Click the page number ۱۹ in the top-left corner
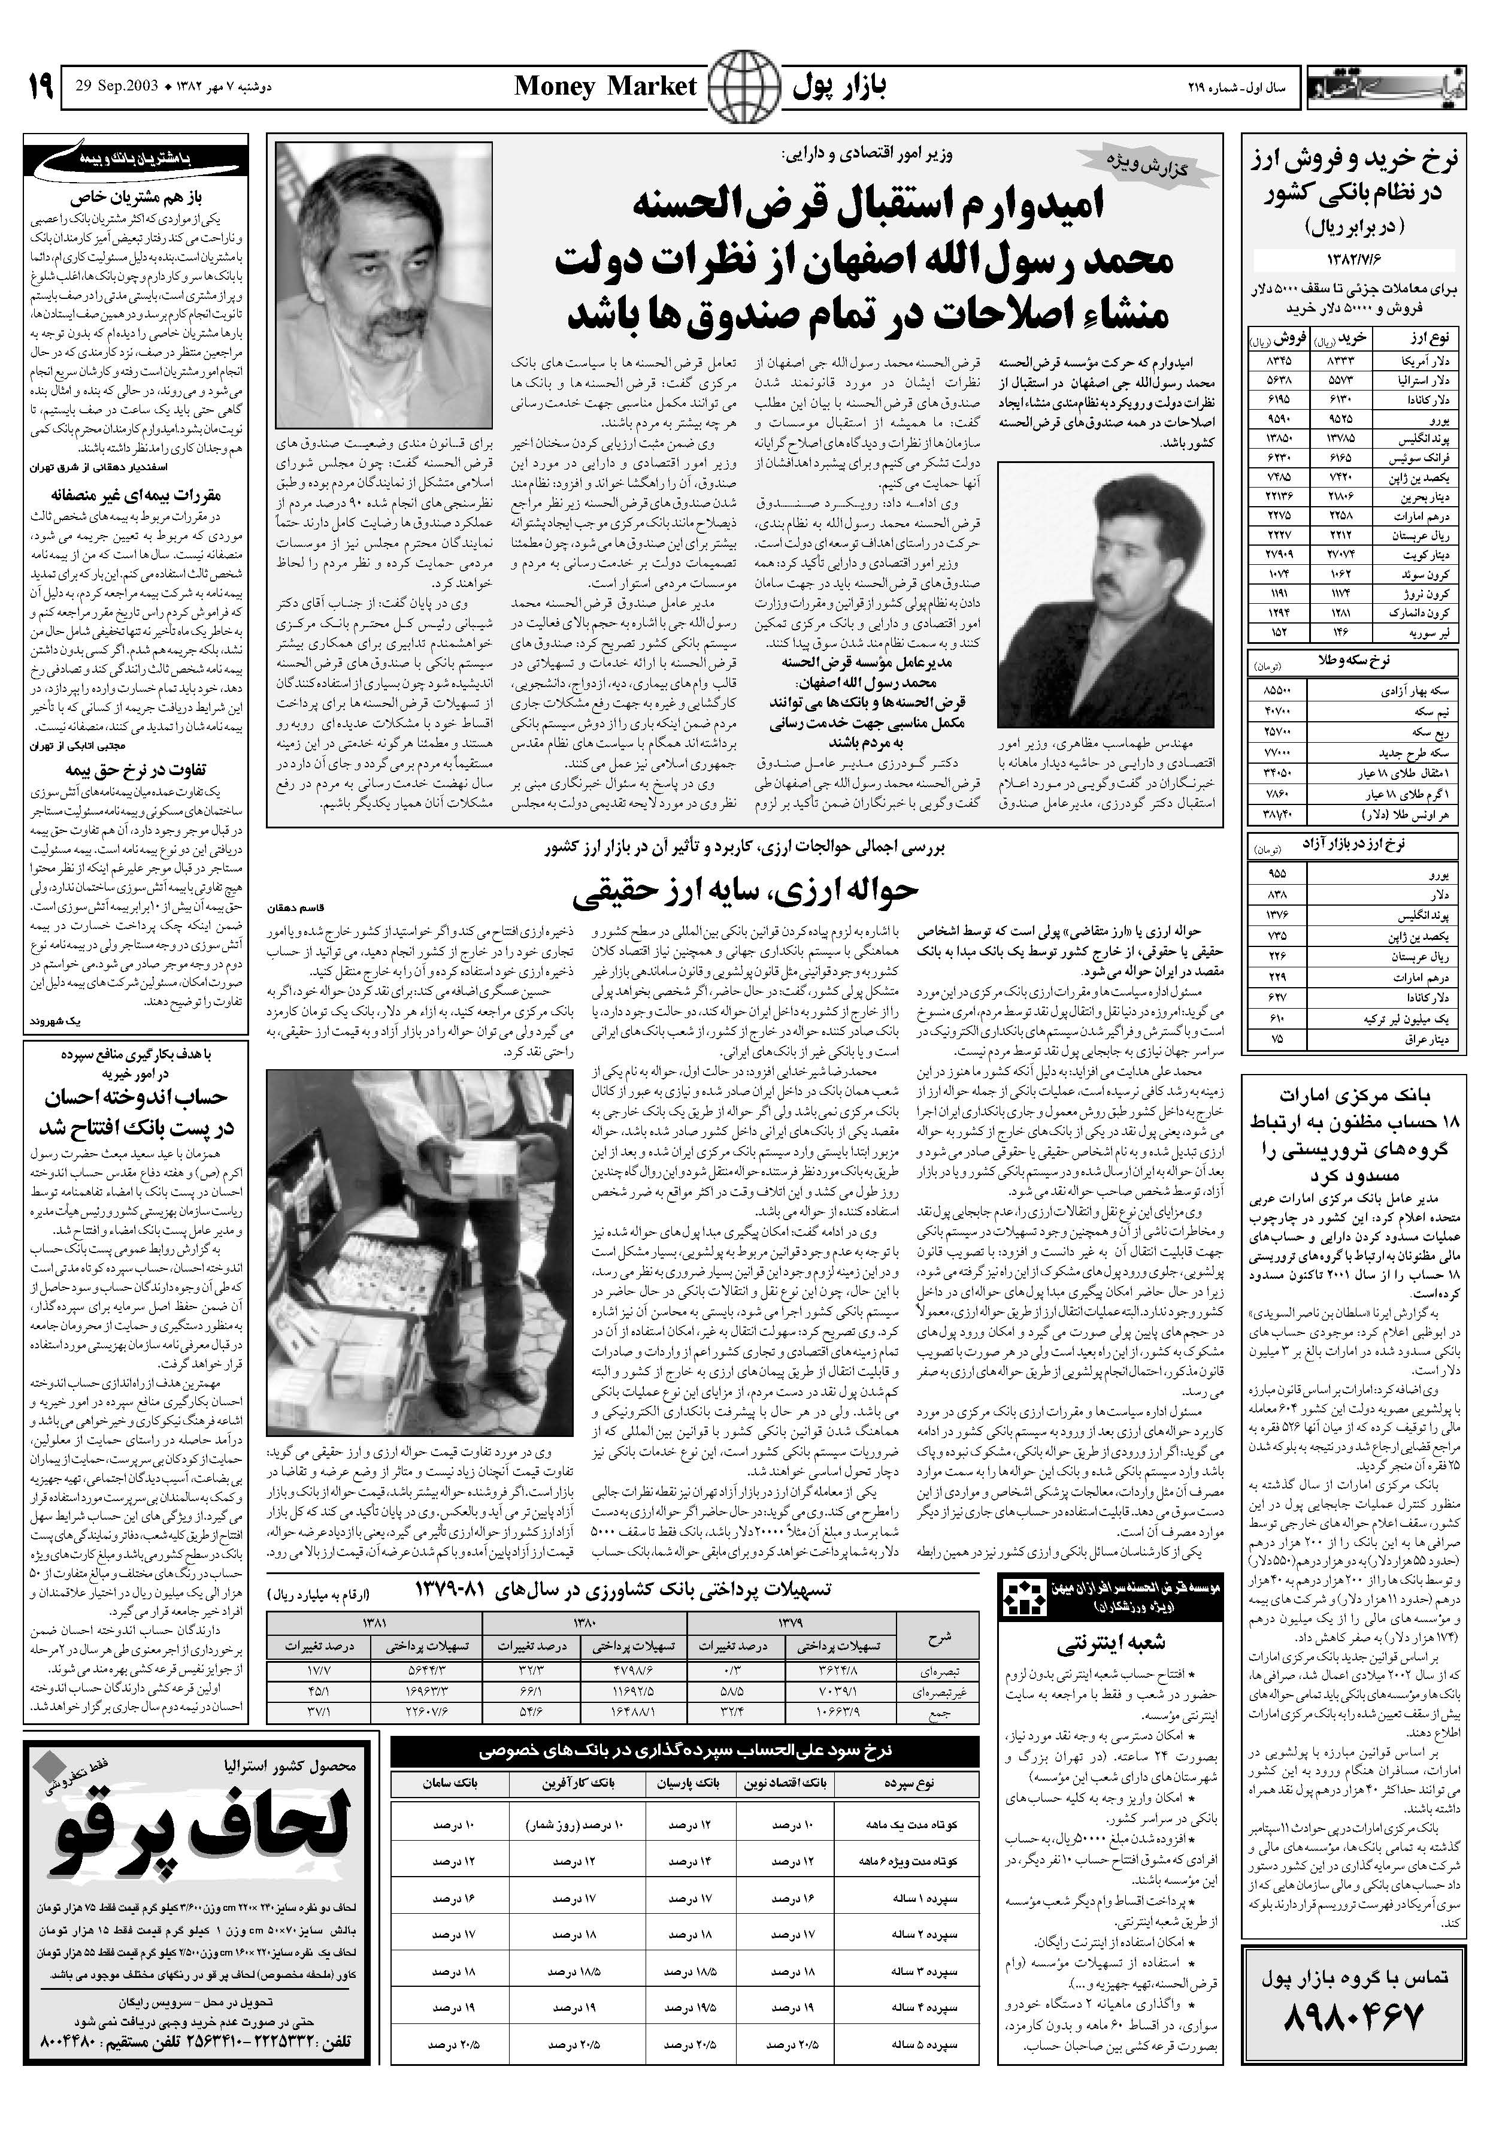(38, 87)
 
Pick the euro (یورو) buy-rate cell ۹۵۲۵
(1341, 418)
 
